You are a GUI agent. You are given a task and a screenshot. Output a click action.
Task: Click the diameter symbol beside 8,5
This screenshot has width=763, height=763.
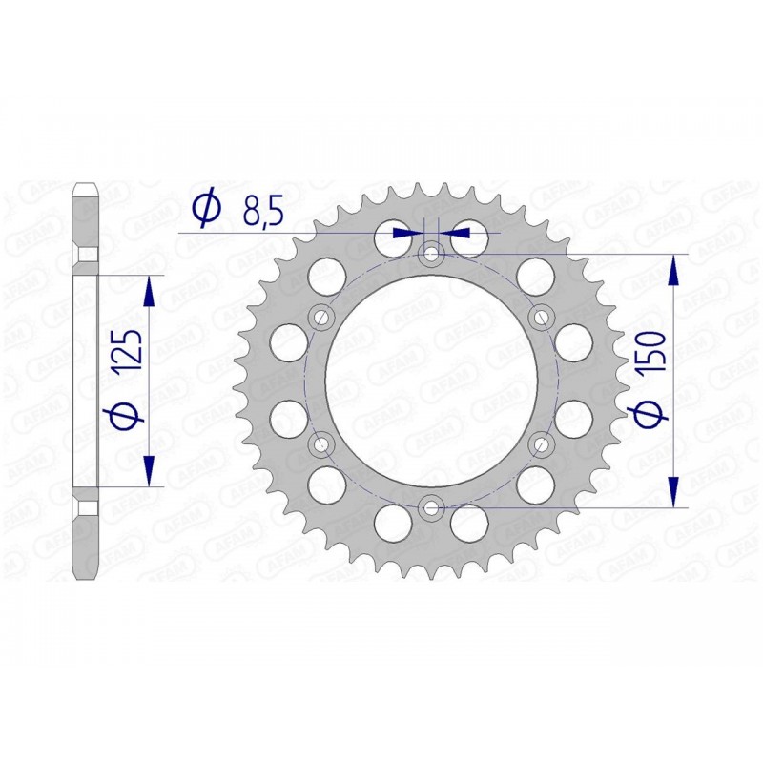206,210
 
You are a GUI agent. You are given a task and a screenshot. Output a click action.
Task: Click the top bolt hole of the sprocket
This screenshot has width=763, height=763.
430,254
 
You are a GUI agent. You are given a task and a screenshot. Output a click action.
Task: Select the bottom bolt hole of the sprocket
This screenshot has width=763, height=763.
430,506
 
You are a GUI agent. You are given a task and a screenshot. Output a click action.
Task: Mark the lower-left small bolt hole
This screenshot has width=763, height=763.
320,443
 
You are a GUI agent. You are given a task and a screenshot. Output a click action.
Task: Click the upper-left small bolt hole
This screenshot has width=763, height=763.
320,317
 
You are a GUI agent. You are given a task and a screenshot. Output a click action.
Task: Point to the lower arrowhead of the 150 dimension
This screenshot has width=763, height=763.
675,492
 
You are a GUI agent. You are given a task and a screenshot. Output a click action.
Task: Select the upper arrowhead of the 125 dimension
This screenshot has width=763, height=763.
150,291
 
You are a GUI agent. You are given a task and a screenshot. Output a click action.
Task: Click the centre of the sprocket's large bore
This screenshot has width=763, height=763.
430,380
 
